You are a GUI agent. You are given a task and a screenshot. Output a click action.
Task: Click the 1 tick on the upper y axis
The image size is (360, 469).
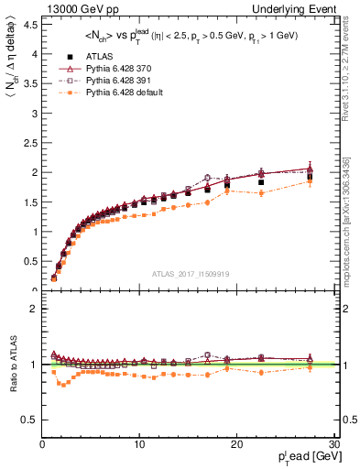pos(35,232)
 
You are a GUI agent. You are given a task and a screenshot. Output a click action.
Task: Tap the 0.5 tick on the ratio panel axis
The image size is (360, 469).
pos(31,420)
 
